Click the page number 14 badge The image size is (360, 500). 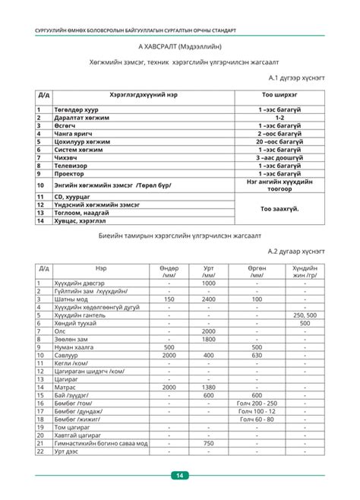coord(180,476)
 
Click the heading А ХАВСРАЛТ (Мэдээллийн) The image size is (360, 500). coord(179,46)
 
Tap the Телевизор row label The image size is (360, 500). coord(74,165)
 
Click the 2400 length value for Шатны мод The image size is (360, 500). coord(209,299)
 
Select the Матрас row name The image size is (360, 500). coord(66,387)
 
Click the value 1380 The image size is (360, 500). coord(209,387)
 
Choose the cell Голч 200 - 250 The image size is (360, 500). coord(257,403)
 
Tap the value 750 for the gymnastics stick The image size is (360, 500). coord(209,443)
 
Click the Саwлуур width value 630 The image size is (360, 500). coord(257,355)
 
